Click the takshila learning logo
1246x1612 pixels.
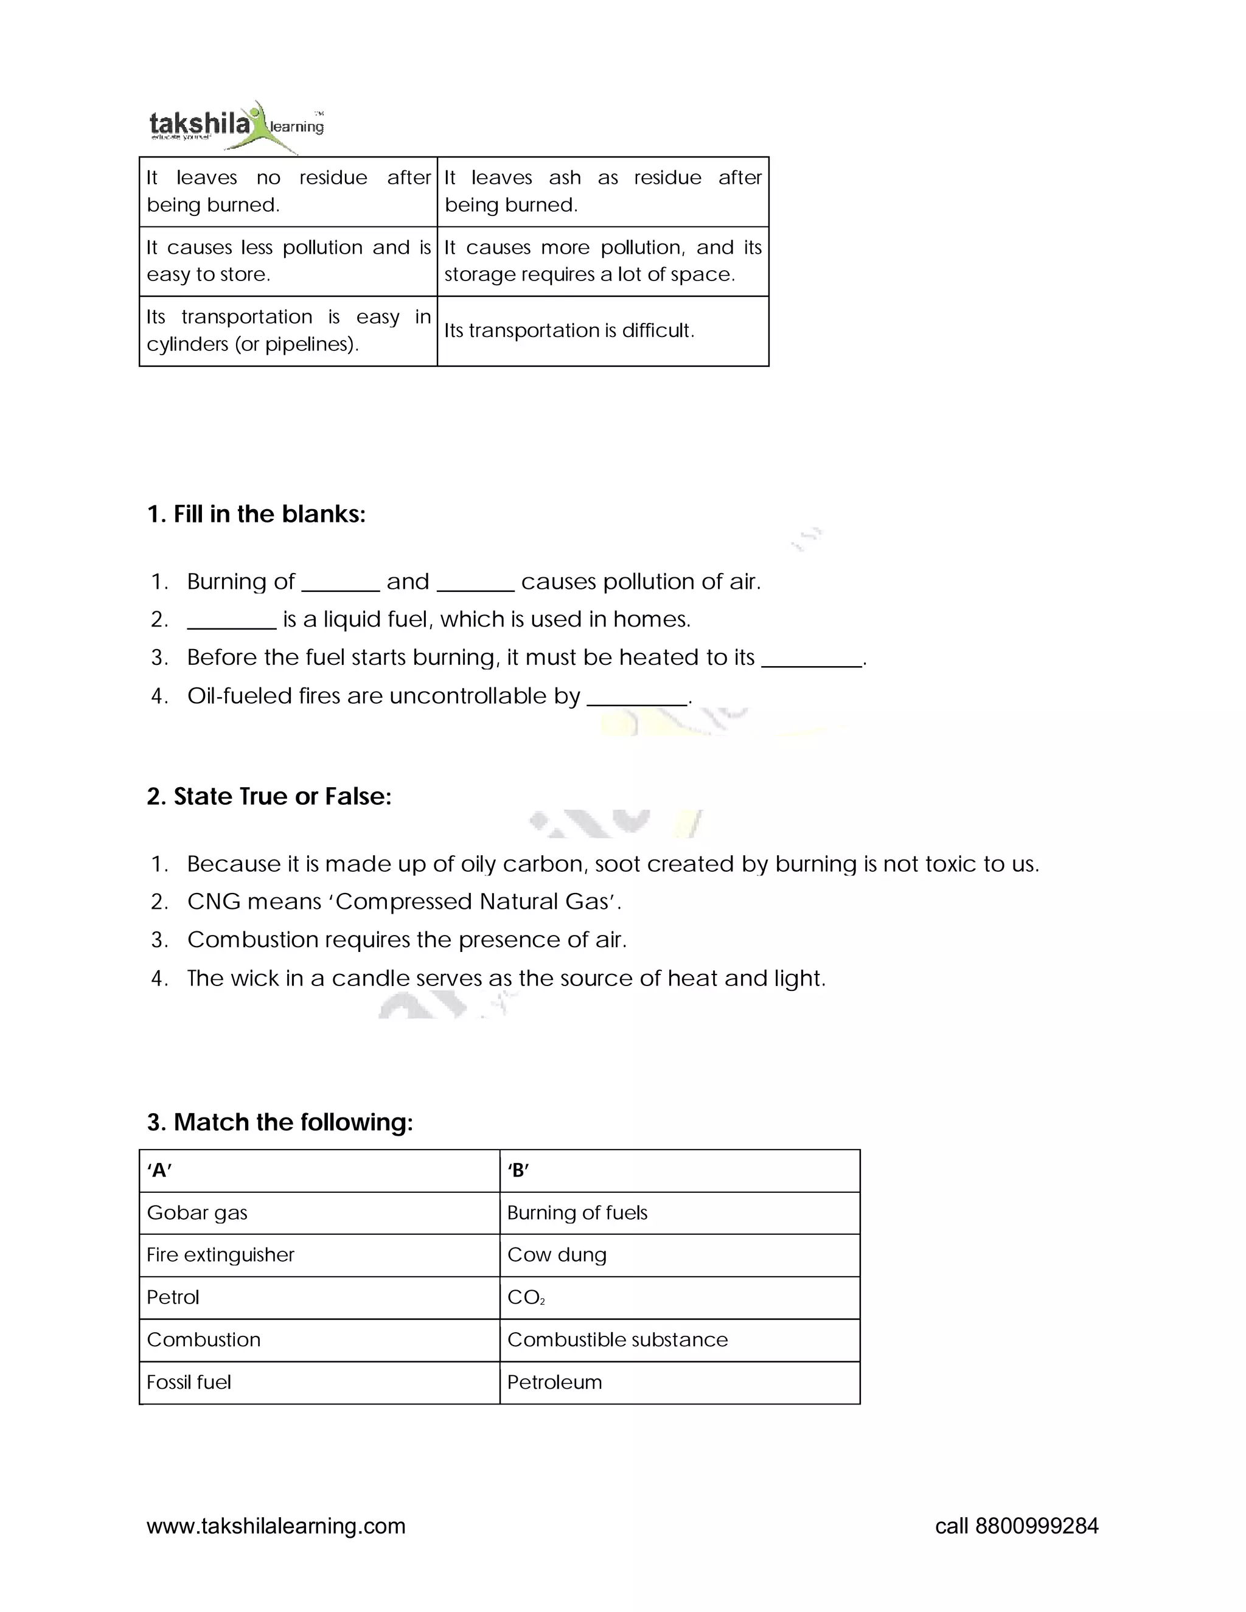[x=235, y=125]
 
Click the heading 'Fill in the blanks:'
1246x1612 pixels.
[x=256, y=514]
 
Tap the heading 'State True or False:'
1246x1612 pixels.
[x=269, y=796]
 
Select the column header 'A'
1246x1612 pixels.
[x=159, y=1170]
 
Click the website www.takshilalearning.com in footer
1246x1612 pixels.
[x=276, y=1526]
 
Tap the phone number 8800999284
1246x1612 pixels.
[x=1036, y=1526]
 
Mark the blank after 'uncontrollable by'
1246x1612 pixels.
[x=636, y=698]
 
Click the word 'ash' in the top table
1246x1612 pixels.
[x=565, y=178]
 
